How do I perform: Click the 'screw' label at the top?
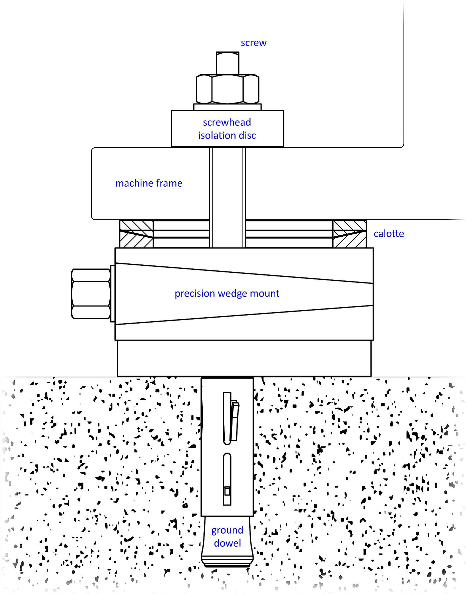pos(254,43)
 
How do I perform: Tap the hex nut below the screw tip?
pos(227,89)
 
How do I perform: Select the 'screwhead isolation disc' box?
pos(227,129)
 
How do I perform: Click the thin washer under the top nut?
pos(227,107)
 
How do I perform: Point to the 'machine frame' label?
pos(149,183)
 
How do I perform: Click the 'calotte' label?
pos(389,234)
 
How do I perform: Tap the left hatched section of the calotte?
pos(136,234)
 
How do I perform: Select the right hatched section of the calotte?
pos(350,234)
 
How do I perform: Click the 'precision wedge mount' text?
pos(227,293)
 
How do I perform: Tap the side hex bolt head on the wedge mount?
pos(91,293)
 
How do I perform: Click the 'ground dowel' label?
pos(227,537)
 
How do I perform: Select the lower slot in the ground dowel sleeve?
pos(227,479)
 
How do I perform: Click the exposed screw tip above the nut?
pos(227,63)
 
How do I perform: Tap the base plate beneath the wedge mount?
pos(244,358)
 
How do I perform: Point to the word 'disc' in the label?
pos(247,136)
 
